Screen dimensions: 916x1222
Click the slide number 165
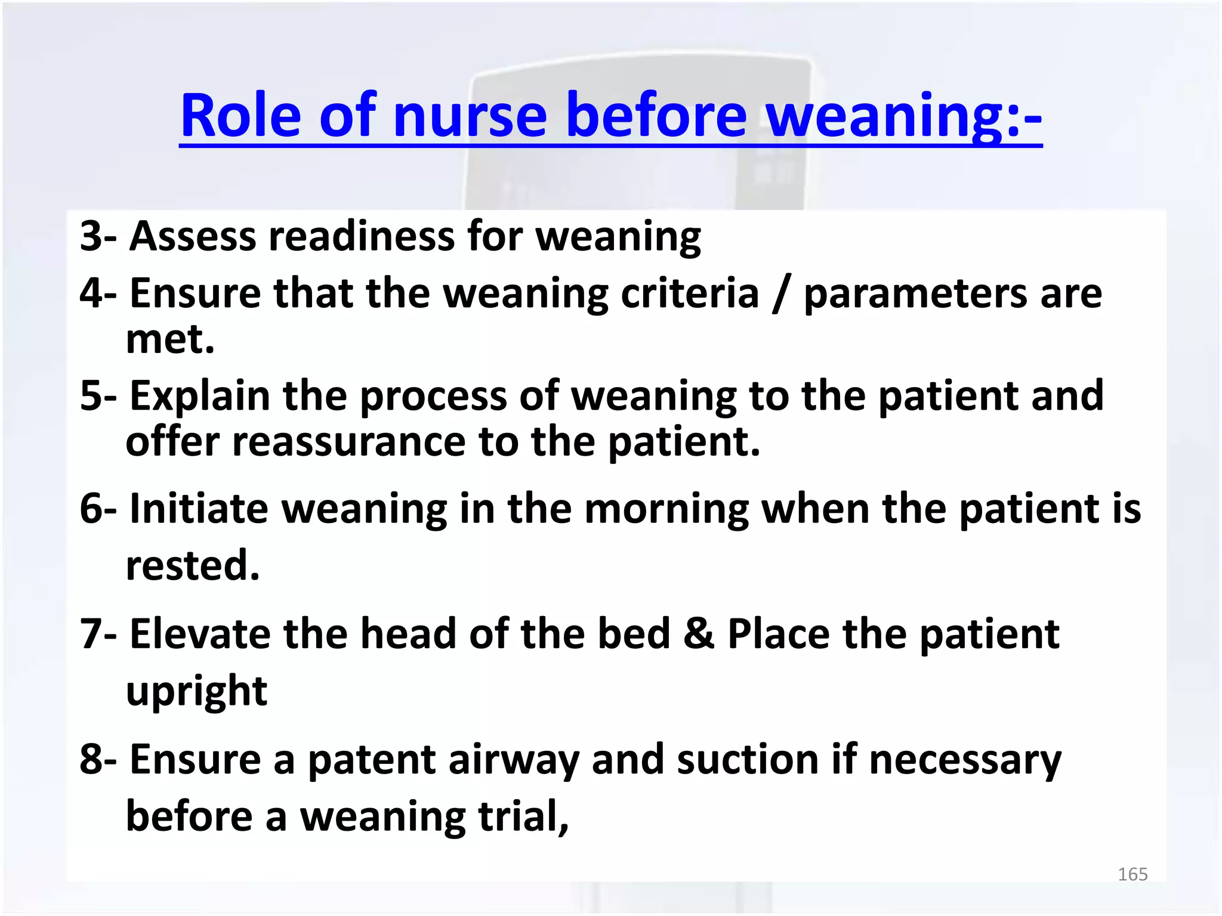(x=1132, y=874)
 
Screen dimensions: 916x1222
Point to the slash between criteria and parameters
(x=780, y=294)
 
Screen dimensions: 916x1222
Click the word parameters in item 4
(x=913, y=295)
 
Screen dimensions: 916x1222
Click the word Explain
(x=200, y=397)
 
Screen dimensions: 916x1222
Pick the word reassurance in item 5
(x=349, y=442)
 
